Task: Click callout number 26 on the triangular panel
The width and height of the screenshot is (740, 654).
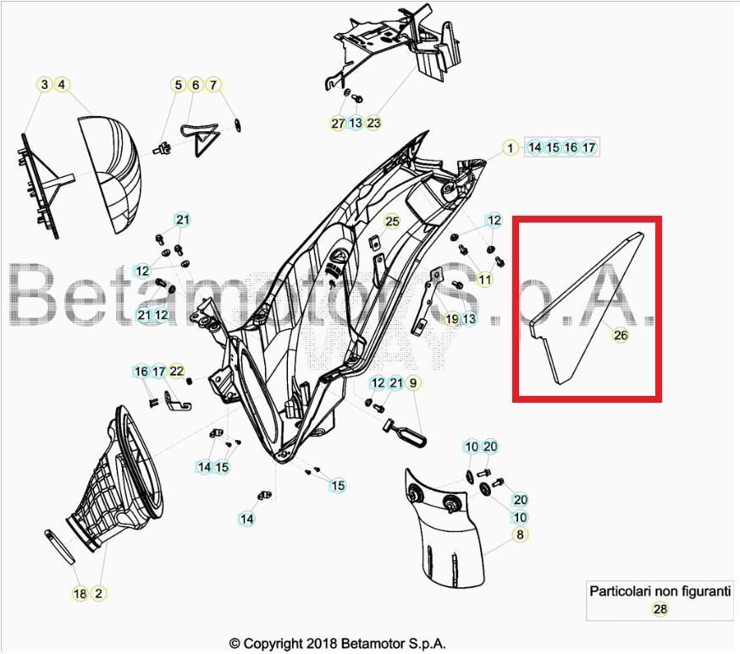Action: pos(621,335)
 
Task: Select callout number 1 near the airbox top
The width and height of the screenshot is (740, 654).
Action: pos(510,147)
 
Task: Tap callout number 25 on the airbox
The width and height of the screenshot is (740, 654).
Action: pos(391,222)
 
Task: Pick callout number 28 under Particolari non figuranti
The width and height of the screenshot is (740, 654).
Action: pos(660,608)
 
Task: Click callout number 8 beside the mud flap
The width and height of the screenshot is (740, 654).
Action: pos(520,535)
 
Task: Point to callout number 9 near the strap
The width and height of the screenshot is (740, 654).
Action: pos(414,383)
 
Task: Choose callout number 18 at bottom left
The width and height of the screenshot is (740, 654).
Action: pos(80,594)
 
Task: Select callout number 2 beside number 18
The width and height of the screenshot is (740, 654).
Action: pos(98,594)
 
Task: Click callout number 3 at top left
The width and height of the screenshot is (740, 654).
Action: pos(43,85)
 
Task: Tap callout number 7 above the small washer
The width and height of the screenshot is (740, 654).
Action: pos(213,85)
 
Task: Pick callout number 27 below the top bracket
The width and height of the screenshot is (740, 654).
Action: pos(338,124)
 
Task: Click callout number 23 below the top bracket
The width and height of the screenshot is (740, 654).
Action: pos(373,124)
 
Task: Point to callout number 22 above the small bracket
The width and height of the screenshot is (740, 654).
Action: pos(176,371)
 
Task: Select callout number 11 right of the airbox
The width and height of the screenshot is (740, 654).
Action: pos(484,279)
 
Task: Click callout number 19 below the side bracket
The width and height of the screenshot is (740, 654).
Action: pos(451,319)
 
